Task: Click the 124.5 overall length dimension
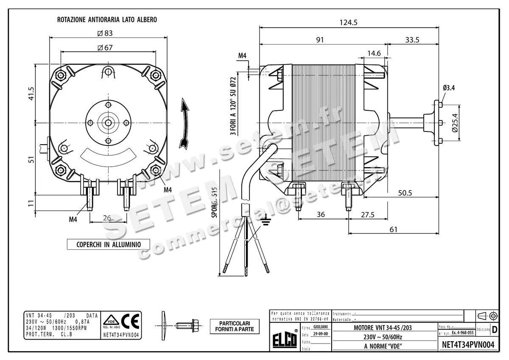(348, 22)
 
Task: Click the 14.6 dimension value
(374, 53)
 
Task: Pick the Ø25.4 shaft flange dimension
(455, 123)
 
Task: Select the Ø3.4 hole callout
(449, 88)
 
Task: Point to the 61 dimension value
(393, 229)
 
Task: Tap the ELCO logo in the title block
(285, 340)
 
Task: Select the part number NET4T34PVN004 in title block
(468, 345)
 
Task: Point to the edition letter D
(494, 329)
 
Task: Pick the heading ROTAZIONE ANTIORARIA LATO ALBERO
(107, 20)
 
